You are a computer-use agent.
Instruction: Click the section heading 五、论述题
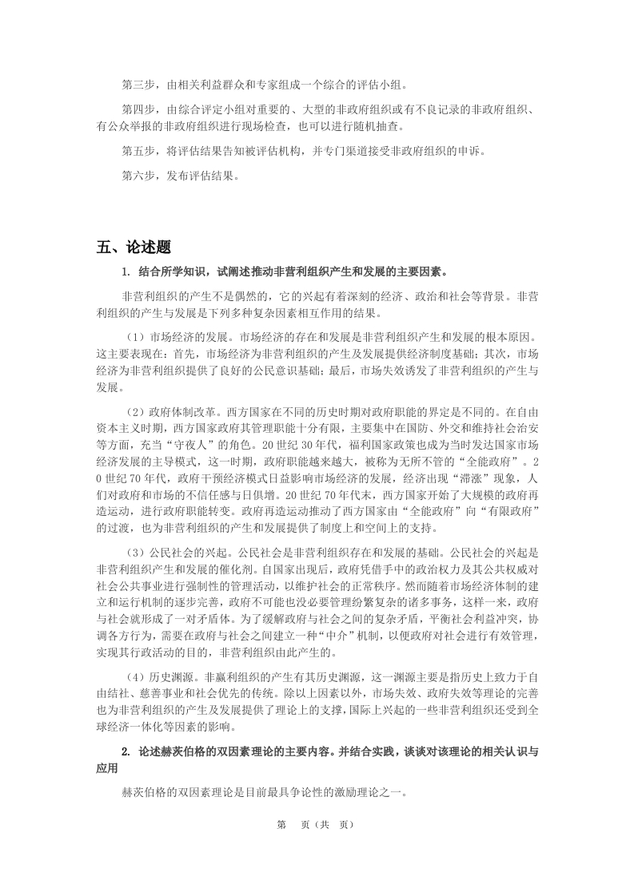pyautogui.click(x=134, y=247)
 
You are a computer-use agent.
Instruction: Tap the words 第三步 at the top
pyautogui.click(x=138, y=84)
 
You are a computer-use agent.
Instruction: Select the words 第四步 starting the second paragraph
pyautogui.click(x=138, y=109)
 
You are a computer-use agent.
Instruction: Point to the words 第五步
pyautogui.click(x=138, y=150)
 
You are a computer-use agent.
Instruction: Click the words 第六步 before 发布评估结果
pyautogui.click(x=138, y=176)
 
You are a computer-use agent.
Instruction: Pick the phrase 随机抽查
pyautogui.click(x=380, y=125)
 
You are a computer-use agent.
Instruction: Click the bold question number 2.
pyautogui.click(x=126, y=752)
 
